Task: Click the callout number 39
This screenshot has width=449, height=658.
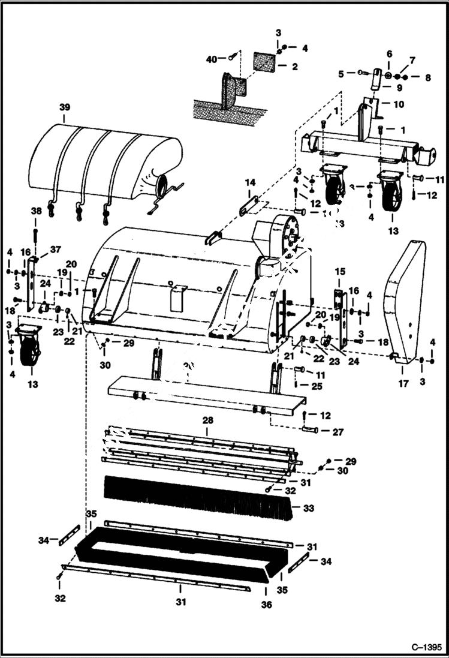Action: pyautogui.click(x=65, y=107)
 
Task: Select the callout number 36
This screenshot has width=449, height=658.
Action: pyautogui.click(x=266, y=605)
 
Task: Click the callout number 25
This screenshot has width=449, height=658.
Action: pyautogui.click(x=316, y=386)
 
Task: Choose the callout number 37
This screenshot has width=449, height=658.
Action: pyautogui.click(x=55, y=249)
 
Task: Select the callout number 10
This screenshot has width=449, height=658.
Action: pyautogui.click(x=398, y=104)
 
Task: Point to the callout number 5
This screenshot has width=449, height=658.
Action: pyautogui.click(x=341, y=74)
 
